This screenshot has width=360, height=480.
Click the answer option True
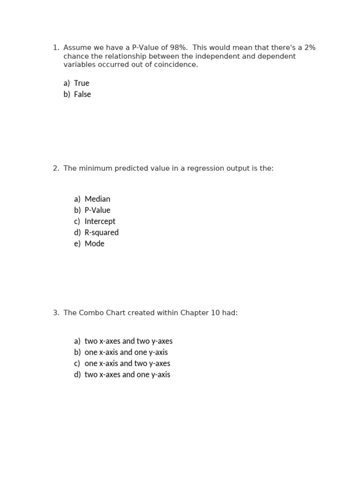coord(82,83)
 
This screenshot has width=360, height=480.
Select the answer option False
coord(82,94)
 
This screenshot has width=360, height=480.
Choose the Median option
coord(97,199)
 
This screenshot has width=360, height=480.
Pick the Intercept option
coord(100,221)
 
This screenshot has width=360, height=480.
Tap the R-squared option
coord(102,232)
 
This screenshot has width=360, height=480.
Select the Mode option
coord(95,244)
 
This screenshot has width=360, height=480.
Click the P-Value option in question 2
coord(97,210)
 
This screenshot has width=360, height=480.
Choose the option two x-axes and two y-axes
coord(128,341)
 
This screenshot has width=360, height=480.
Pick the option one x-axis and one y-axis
coord(126,352)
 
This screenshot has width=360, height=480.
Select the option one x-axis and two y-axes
coord(127,363)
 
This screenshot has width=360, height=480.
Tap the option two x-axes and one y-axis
coord(127,375)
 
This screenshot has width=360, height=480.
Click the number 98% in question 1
coord(180,48)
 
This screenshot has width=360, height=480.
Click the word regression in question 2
coord(203,168)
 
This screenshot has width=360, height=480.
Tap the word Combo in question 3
coord(91,313)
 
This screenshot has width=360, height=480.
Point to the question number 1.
coord(56,48)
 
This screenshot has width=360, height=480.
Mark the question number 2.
coord(56,168)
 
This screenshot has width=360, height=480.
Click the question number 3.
coord(56,313)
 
